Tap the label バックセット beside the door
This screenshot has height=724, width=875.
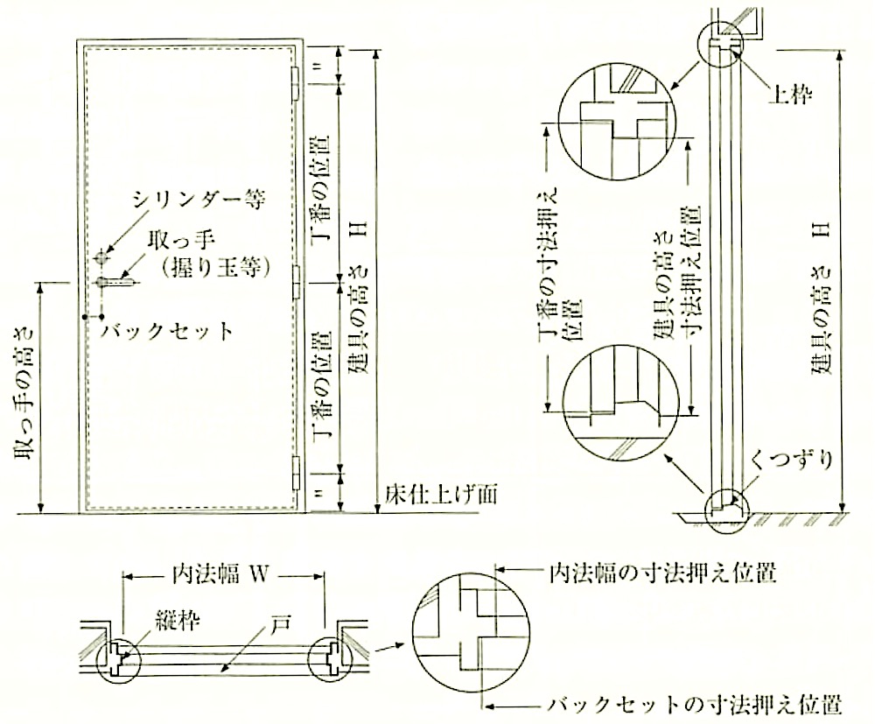click(167, 332)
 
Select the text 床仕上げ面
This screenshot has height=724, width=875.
click(440, 494)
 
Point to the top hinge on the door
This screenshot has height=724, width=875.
click(297, 84)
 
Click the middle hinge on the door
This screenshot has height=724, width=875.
click(297, 282)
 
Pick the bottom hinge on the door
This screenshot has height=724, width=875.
click(297, 471)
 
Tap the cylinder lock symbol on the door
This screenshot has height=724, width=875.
click(101, 258)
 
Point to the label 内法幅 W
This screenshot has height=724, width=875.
click(223, 575)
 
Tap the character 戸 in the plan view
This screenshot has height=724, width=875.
click(280, 622)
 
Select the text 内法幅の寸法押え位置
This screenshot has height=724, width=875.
click(663, 573)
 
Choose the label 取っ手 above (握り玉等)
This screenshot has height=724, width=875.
click(182, 242)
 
